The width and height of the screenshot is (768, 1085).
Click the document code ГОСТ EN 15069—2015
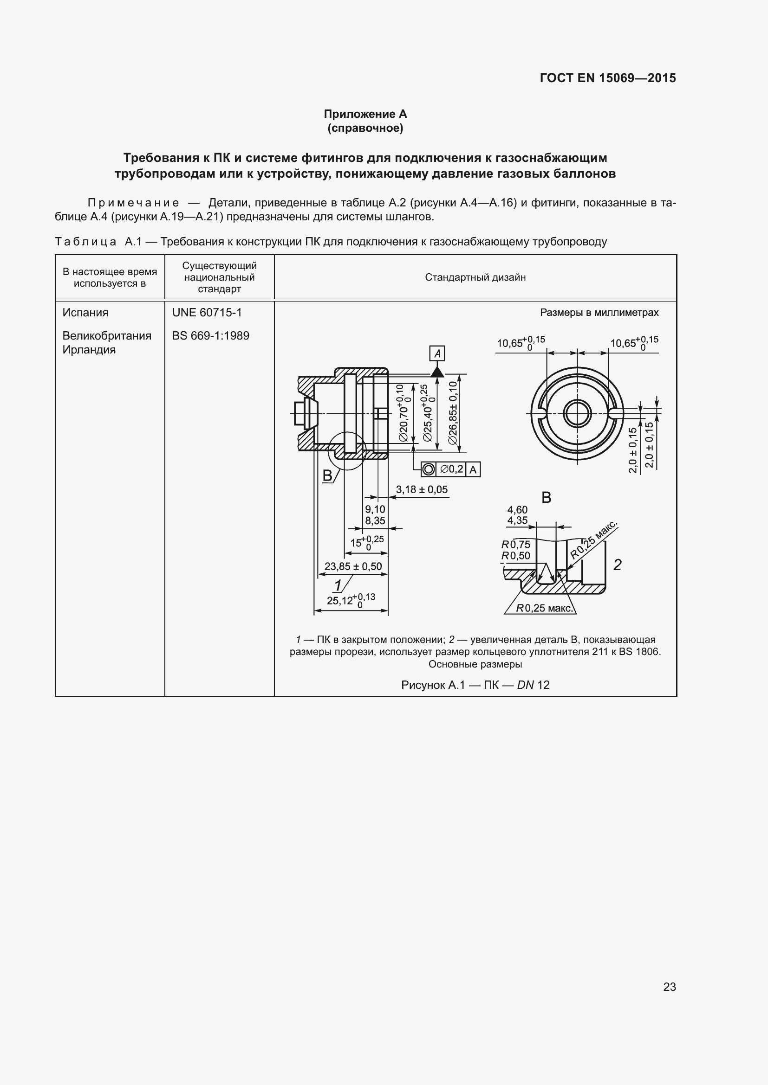pos(607,78)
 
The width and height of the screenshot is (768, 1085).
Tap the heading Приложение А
pos(365,114)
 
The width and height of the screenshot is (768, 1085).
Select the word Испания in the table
pos(85,312)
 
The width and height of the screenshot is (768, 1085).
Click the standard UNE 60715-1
pos(207,312)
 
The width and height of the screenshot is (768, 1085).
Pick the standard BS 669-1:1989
pos(210,335)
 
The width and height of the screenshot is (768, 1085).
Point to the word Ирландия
pos(89,350)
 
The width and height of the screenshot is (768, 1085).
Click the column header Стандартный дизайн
pos(475,277)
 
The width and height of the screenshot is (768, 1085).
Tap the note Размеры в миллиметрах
pos(599,313)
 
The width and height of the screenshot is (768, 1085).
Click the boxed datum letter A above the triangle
pos(437,353)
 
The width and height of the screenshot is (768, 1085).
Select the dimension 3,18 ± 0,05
pos(422,489)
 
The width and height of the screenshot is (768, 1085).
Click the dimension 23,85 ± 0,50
pos(353,566)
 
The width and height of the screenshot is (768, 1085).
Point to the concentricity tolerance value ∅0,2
pos(452,469)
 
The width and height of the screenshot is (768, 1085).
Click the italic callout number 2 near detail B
pos(617,565)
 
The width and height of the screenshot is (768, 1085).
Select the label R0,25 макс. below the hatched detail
pos(544,608)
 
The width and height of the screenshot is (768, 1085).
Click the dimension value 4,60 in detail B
pos(517,510)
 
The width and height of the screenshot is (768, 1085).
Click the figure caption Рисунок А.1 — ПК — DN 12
pos(475,685)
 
